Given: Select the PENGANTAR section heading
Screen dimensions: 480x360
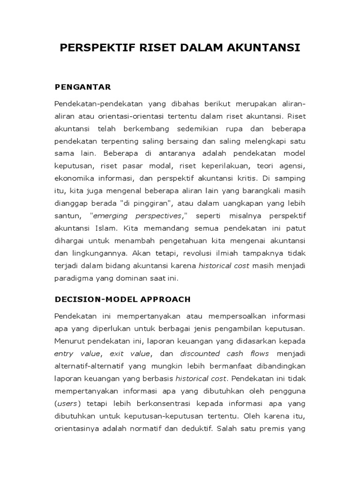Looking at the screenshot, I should click(82, 87).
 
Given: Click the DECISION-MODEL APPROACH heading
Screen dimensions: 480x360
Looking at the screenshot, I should click(122, 299).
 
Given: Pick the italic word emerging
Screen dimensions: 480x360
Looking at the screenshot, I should click(114, 216).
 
